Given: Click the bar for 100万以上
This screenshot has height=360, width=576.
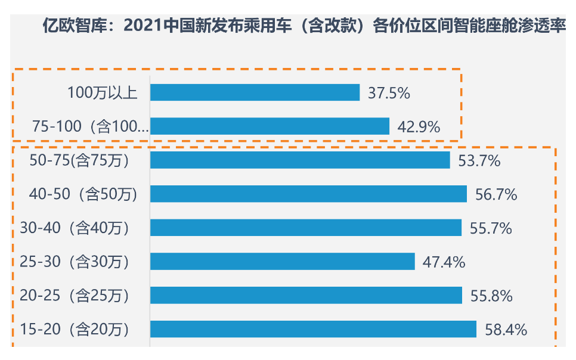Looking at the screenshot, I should pyautogui.click(x=255, y=92).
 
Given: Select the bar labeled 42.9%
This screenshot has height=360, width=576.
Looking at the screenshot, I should pyautogui.click(x=270, y=126).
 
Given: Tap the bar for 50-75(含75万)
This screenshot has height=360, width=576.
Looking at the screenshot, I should pyautogui.click(x=300, y=160).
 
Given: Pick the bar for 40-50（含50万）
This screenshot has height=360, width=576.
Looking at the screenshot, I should pyautogui.click(x=308, y=194).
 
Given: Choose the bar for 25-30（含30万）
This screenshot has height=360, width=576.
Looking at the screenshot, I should pyautogui.click(x=282, y=262).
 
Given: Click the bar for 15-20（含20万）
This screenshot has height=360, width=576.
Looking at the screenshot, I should pyautogui.click(x=313, y=329).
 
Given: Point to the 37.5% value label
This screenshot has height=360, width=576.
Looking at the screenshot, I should pyautogui.click(x=389, y=93).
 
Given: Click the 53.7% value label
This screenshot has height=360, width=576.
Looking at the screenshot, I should pyautogui.click(x=479, y=160).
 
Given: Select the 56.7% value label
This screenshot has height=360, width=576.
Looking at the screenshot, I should pyautogui.click(x=496, y=194).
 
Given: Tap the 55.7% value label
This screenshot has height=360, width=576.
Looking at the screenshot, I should pyautogui.click(x=491, y=228).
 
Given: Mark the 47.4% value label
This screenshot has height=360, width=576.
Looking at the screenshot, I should pyautogui.click(x=444, y=262).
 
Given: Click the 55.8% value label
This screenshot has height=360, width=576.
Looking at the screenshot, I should pyautogui.click(x=491, y=296).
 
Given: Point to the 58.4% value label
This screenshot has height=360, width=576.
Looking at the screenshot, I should pyautogui.click(x=506, y=330).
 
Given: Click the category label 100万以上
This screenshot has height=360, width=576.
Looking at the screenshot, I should pyautogui.click(x=102, y=93).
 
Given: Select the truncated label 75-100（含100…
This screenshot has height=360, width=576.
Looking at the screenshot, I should pyautogui.click(x=90, y=126).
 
